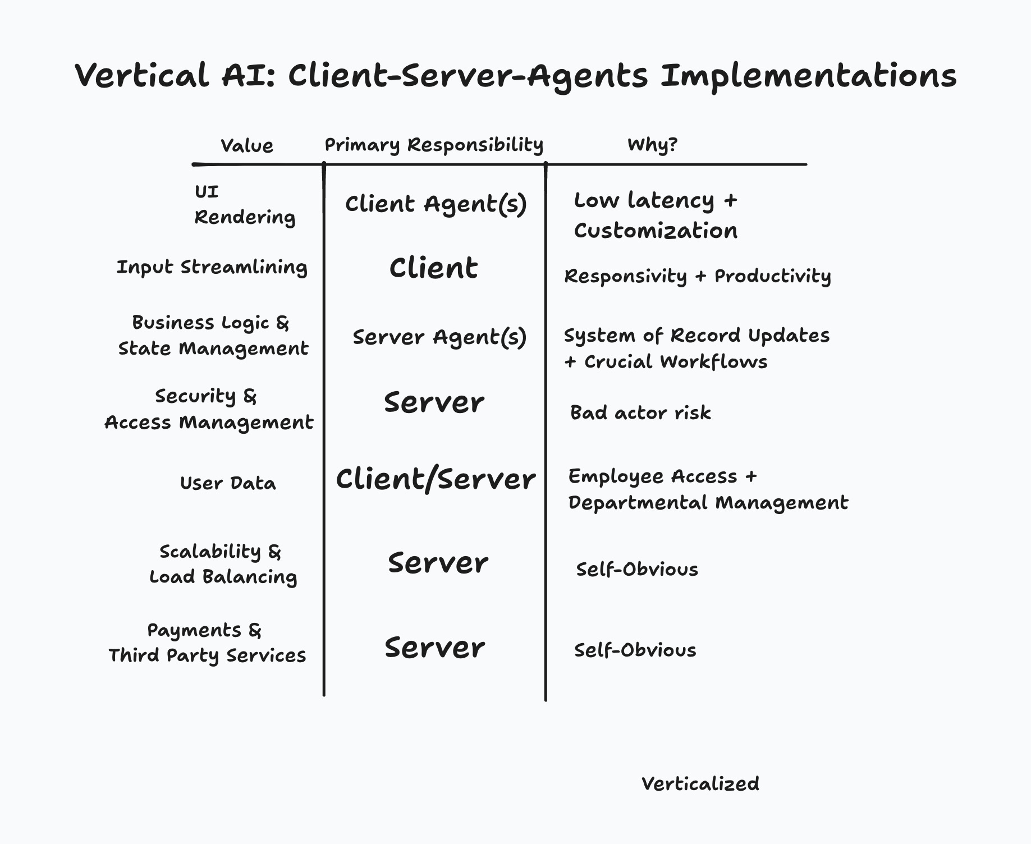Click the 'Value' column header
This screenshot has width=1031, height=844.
point(247,146)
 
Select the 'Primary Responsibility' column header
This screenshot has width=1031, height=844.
point(434,145)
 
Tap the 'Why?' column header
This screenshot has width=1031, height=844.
point(652,145)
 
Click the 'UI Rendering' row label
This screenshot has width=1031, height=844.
point(244,205)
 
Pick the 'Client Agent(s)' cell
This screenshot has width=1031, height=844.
point(436,204)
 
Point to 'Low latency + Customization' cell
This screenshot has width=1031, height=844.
point(655,215)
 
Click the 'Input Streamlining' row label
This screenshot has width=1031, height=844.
point(212,267)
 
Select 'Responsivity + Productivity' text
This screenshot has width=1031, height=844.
point(697,276)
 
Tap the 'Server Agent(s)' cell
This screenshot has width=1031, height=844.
point(439,337)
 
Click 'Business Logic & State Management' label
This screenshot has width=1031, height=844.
point(213,336)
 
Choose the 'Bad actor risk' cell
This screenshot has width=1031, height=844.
point(640,413)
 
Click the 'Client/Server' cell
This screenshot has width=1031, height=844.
point(436,480)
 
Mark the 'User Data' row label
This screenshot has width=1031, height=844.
point(228,483)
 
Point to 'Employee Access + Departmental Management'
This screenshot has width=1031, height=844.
point(707,489)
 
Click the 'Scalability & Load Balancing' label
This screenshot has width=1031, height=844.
point(222,564)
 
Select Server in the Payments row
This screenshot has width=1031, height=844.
point(434,648)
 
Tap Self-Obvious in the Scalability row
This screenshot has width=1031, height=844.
point(637,570)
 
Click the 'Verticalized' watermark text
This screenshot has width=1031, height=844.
point(700,784)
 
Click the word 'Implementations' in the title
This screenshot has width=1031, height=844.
point(808,76)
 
